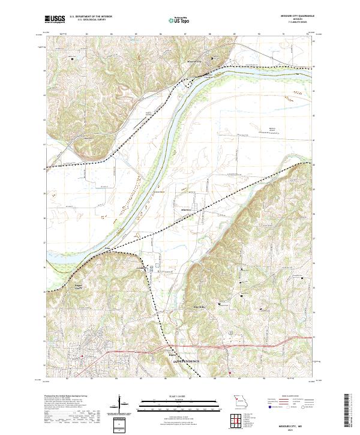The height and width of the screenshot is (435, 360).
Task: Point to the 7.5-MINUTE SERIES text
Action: click(x=293, y=23)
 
